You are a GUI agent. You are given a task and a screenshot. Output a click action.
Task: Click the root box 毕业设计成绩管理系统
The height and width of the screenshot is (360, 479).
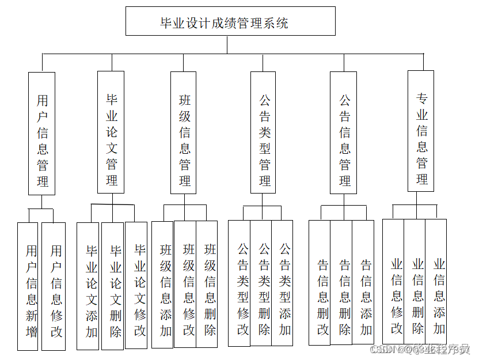pyautogui.click(x=230, y=22)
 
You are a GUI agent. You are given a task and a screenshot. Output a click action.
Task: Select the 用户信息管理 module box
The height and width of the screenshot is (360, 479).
pyautogui.click(x=42, y=133)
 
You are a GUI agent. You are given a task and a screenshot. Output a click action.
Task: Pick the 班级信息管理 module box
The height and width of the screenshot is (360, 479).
pyautogui.click(x=184, y=132)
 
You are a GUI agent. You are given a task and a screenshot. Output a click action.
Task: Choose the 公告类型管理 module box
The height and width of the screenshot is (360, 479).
pyautogui.click(x=264, y=132)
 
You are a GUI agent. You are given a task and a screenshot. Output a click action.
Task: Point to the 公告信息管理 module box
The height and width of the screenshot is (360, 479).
pyautogui.click(x=343, y=132)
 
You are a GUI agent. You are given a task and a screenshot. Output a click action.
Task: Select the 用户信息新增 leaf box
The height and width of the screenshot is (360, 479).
pyautogui.click(x=28, y=286)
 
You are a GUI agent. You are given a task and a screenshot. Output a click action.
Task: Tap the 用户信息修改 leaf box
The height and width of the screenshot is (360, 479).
pyautogui.click(x=54, y=286)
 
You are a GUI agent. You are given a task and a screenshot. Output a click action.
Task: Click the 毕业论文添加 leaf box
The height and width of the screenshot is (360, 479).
pyautogui.click(x=89, y=286)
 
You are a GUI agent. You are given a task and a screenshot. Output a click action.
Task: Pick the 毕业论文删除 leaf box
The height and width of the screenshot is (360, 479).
pyautogui.click(x=113, y=286)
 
